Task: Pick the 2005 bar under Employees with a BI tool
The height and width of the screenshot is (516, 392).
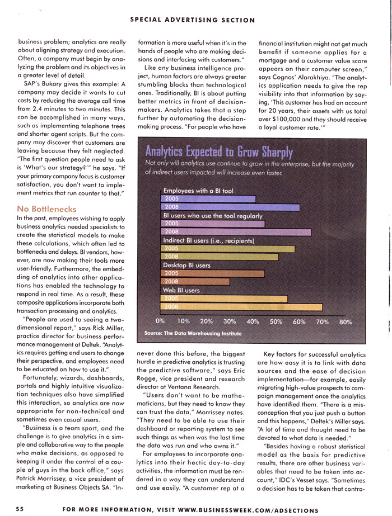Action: (208, 198)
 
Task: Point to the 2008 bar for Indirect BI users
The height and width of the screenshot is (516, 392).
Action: (220, 257)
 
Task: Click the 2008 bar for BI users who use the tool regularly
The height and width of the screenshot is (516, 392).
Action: (236, 231)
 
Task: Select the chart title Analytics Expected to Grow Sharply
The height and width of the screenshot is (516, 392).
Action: (219, 151)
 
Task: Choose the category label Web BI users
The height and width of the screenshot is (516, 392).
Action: (181, 291)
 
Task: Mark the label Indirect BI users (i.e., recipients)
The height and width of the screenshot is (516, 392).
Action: (208, 240)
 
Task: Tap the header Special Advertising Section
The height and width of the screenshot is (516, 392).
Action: (193, 20)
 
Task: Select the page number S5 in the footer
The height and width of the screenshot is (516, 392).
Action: (20, 509)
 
